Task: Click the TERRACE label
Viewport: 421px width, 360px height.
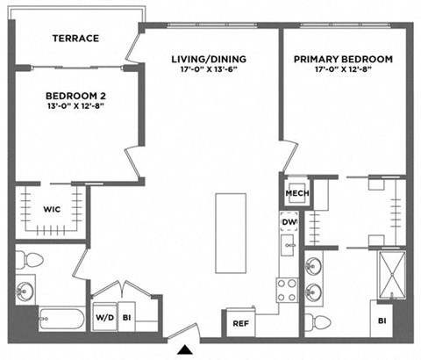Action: point(75,39)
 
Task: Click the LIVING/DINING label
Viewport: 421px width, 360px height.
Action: point(209,60)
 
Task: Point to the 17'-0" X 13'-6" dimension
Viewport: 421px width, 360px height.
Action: point(209,71)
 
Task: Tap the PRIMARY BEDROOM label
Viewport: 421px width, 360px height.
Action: point(343,60)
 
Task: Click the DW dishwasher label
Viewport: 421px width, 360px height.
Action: point(289,223)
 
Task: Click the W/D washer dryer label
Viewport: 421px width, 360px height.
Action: point(104,317)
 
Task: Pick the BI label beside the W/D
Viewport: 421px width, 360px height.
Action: point(126,317)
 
